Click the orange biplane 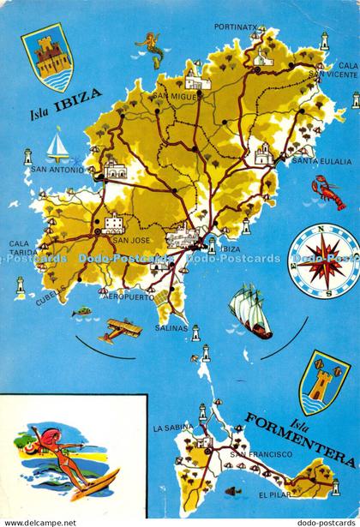pos(118,329)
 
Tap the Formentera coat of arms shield pos(322,380)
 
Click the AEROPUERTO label pos(126,298)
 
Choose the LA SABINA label pos(170,426)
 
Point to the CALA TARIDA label pos(23,248)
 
